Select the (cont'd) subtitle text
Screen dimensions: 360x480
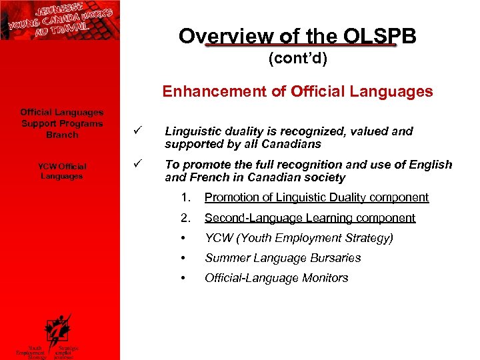pos(297,59)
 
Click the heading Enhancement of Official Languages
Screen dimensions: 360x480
pos(297,91)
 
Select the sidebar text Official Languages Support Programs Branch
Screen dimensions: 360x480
pos(62,123)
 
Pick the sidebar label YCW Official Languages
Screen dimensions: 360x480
pos(62,171)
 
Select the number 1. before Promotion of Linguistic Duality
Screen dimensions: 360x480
pos(186,197)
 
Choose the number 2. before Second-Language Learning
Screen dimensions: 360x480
pos(186,218)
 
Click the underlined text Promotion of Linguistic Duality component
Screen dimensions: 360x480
pos(317,197)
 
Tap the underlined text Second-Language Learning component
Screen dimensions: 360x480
pos(310,218)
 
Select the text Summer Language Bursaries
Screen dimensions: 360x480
pos(283,258)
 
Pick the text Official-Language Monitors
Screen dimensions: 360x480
pos(277,278)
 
